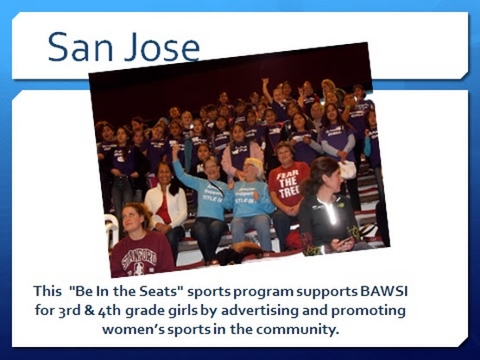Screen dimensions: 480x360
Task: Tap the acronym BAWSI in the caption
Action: pos(384,291)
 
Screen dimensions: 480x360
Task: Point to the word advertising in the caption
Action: pos(260,310)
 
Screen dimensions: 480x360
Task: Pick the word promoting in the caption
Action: pos(369,311)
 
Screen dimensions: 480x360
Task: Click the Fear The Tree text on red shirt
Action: pos(287,182)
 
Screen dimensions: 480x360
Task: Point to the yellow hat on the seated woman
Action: pos(253,164)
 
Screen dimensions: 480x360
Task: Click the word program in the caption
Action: pos(263,292)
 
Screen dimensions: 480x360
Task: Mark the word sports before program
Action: pos(209,292)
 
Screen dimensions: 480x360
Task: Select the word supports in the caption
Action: pos(327,292)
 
